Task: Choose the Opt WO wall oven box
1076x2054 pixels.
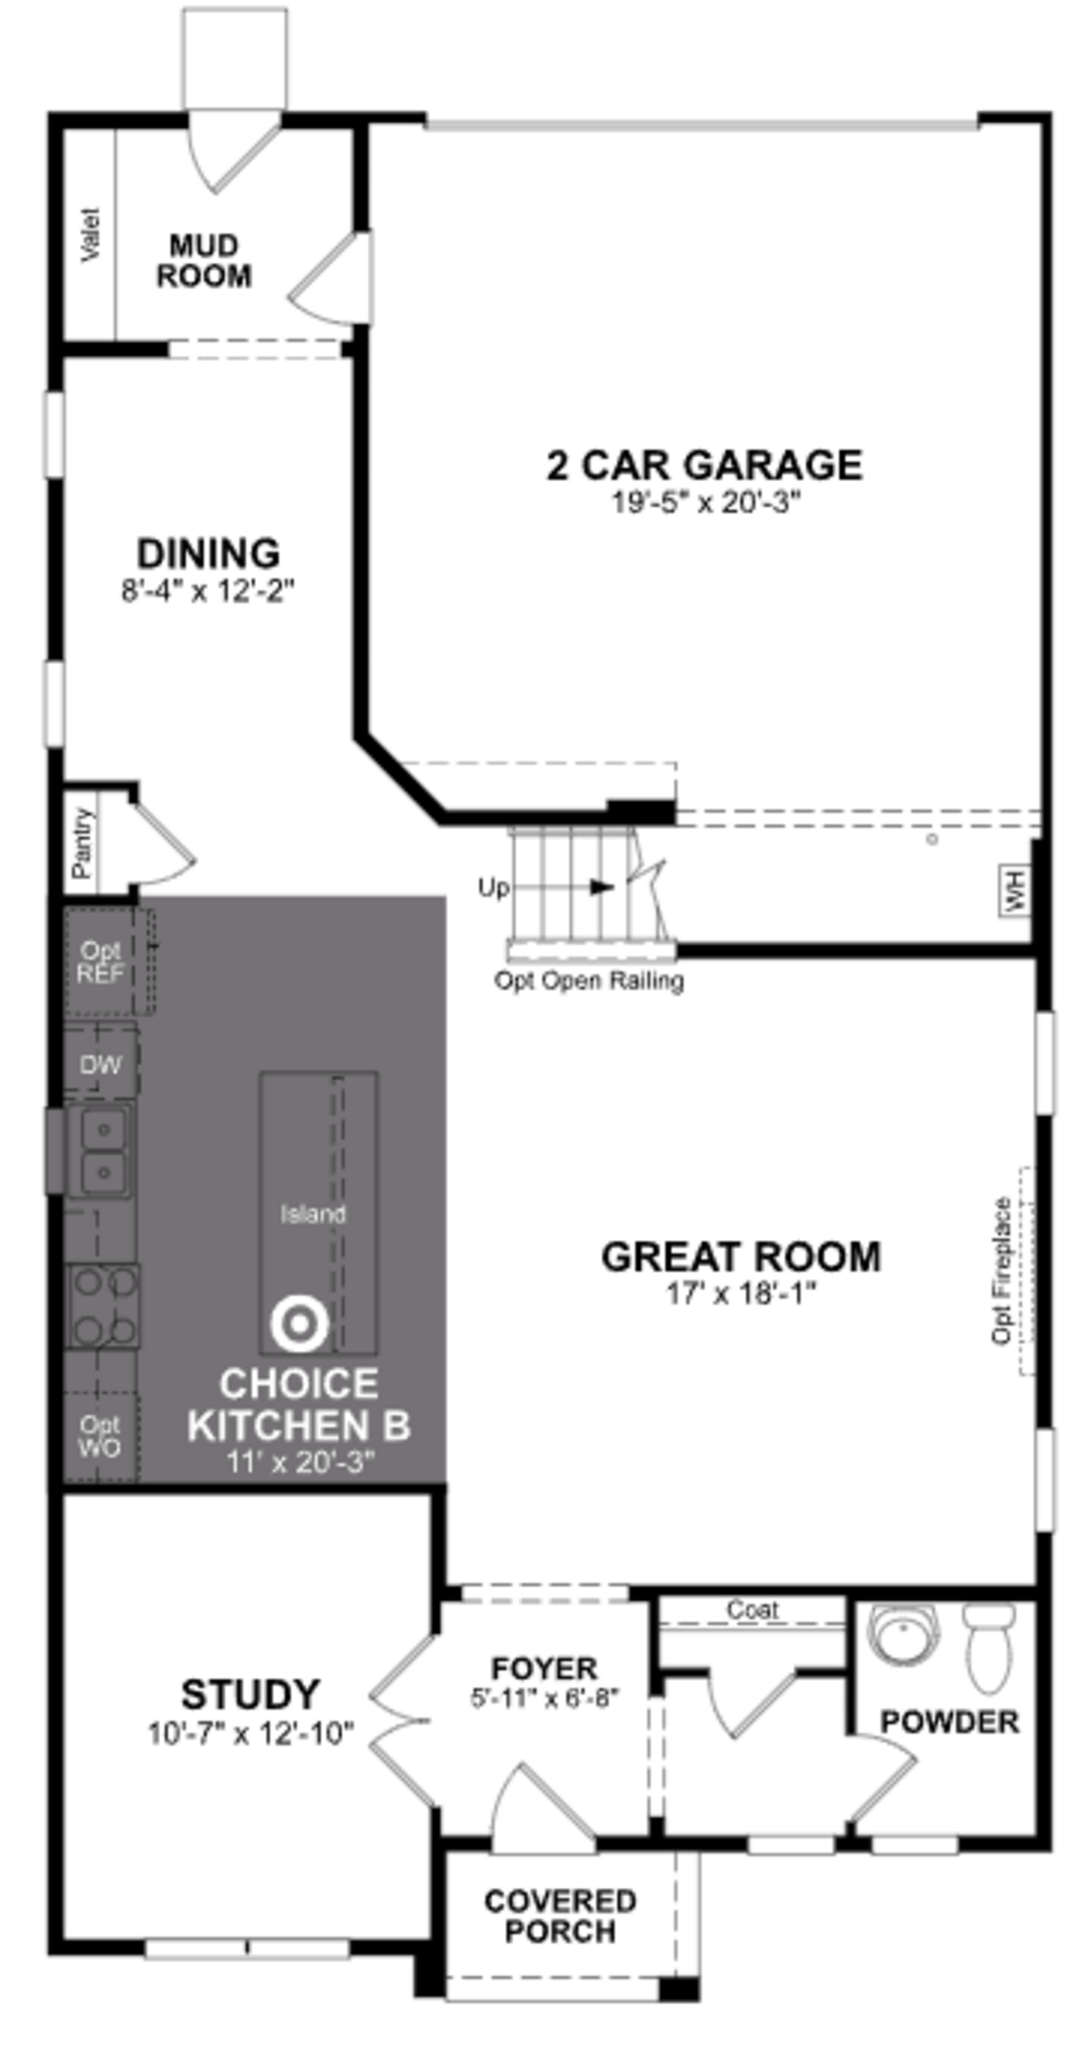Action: [100, 1436]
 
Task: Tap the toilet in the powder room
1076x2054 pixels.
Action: [988, 1647]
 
